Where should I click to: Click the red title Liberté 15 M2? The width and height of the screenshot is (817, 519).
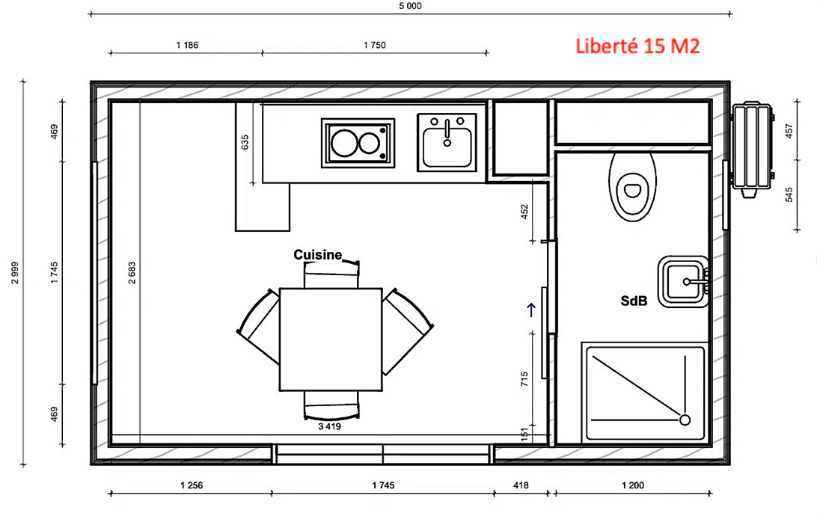tap(637, 46)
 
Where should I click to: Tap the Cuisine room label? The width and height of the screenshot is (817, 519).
tap(317, 254)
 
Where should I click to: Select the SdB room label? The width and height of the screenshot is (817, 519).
tap(634, 301)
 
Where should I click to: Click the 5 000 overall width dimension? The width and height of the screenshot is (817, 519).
tap(410, 6)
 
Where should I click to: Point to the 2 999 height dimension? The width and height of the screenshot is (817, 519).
tap(15, 273)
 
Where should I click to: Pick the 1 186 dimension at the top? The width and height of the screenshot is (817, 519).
tap(187, 46)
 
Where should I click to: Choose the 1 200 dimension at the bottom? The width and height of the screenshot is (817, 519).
tap(632, 485)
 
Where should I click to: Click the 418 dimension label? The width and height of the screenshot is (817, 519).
tap(521, 485)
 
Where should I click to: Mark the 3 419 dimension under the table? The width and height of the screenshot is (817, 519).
tap(329, 426)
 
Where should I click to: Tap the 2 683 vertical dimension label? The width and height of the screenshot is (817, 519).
tap(132, 273)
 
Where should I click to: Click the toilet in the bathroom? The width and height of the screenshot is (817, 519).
tap(632, 186)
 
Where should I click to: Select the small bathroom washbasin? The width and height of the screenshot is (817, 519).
tap(683, 281)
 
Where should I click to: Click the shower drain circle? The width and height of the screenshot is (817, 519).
tap(685, 420)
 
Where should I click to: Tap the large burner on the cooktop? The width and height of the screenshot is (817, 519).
tap(344, 143)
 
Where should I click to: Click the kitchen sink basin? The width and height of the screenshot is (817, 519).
tap(447, 147)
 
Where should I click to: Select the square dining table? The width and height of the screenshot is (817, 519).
tap(331, 340)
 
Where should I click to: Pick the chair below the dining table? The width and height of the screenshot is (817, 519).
tap(331, 405)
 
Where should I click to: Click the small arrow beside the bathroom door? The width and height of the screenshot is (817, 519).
tap(531, 310)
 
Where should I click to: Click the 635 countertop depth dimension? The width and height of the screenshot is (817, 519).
tap(245, 142)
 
